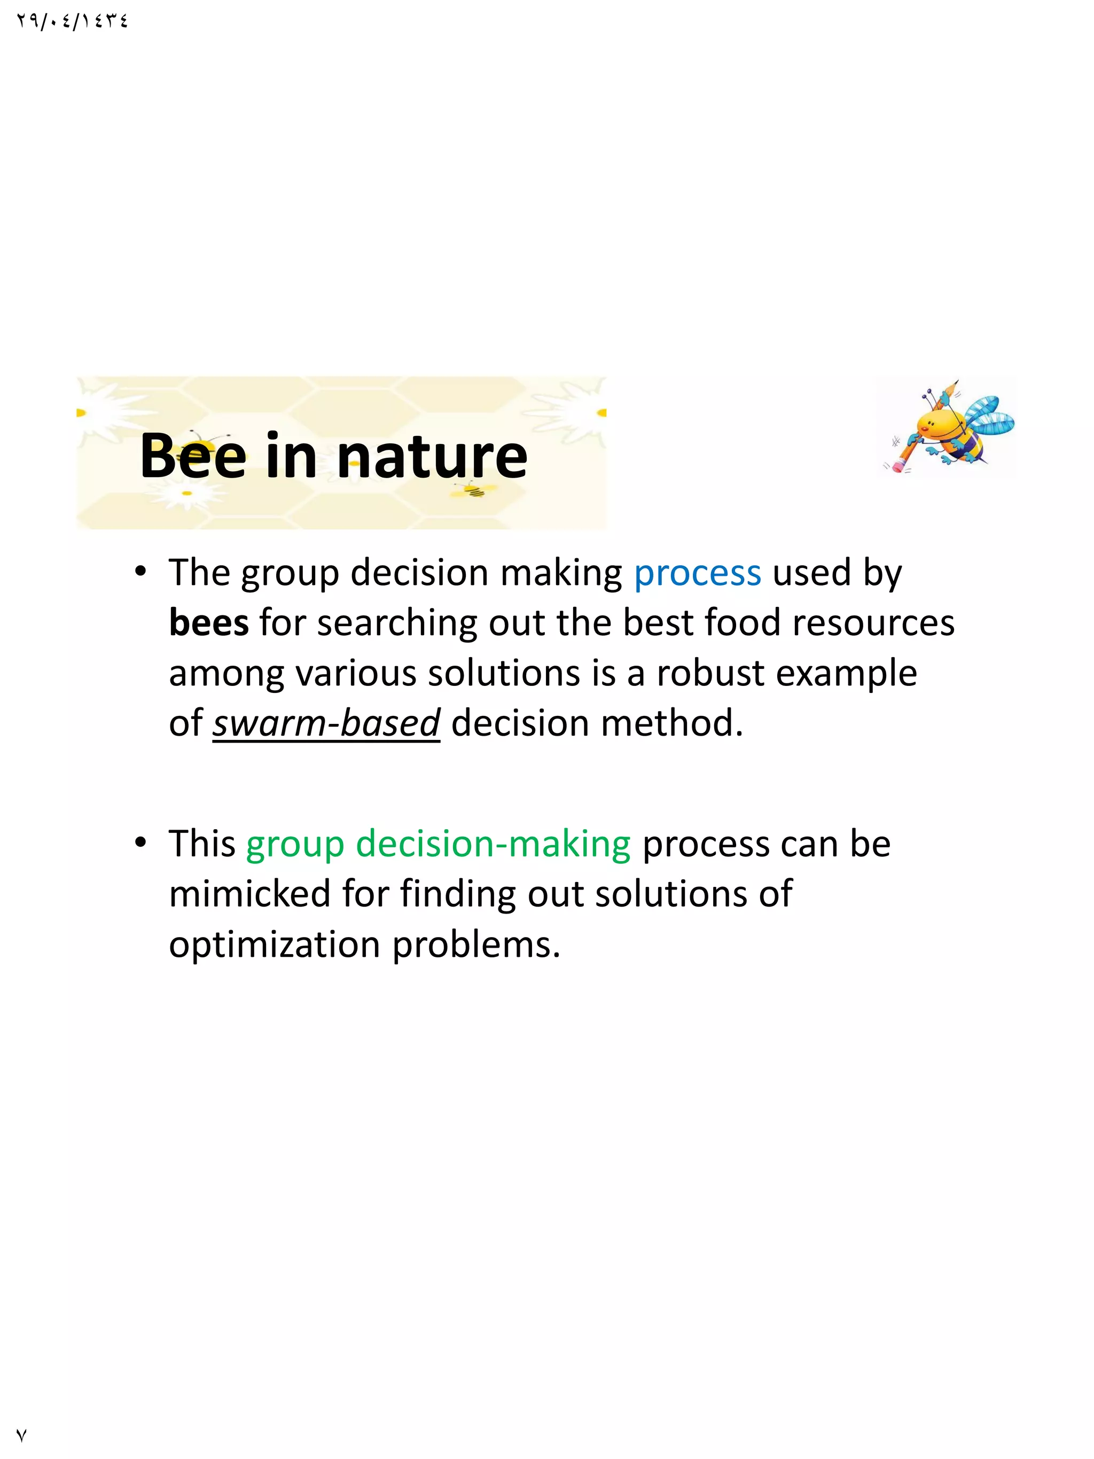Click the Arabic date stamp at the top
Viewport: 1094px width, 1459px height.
pos(72,21)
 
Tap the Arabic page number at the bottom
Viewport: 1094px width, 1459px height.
pos(21,1435)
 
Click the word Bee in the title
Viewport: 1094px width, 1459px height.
pos(192,456)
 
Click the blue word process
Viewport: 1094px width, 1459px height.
pos(697,573)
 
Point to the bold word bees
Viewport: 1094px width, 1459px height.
pos(208,622)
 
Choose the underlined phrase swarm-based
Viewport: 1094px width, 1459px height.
pos(326,723)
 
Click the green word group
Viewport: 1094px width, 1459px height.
pos(295,844)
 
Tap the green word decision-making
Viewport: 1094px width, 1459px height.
pos(493,844)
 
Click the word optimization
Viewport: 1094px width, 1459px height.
pos(275,945)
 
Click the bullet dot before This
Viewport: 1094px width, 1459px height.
pos(140,843)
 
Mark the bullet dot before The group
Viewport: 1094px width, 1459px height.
pos(140,571)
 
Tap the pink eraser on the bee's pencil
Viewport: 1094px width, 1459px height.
pos(897,466)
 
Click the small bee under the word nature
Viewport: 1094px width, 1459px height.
pos(473,489)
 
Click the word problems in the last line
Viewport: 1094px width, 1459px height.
pos(476,945)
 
